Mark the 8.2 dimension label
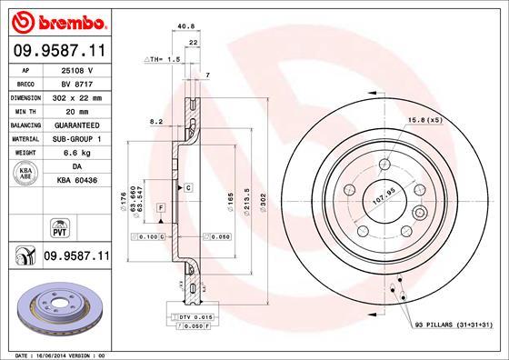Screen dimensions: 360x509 coord(155,121)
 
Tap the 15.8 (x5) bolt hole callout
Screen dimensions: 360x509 coord(426,120)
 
